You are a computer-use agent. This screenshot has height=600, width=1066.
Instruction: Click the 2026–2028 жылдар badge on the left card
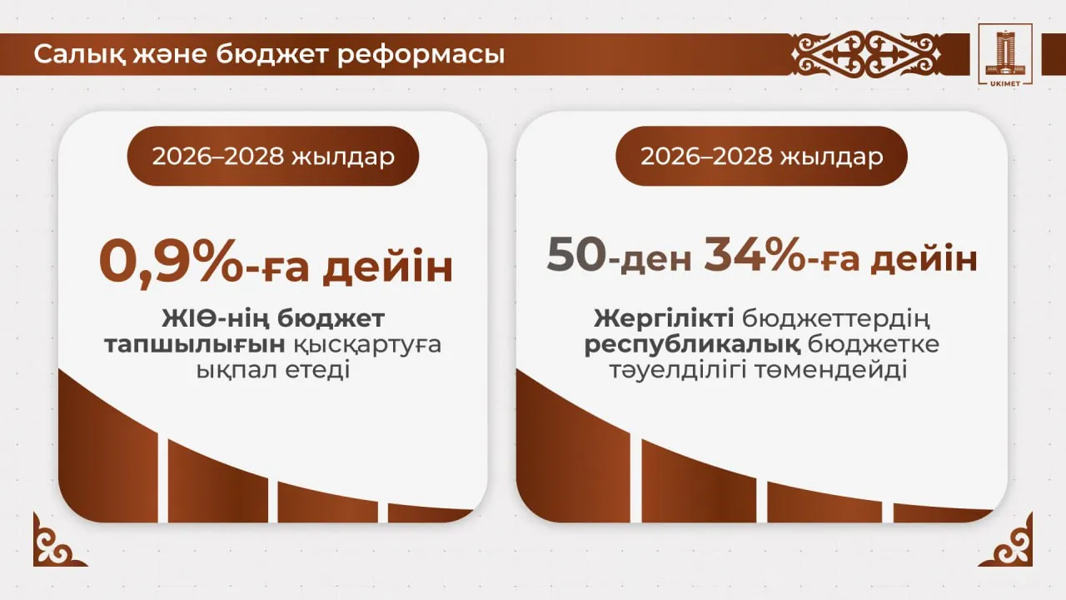tap(273, 156)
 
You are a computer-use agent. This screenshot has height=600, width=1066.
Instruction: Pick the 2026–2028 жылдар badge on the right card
tap(761, 156)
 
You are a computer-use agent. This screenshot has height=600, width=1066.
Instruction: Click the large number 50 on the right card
tap(575, 256)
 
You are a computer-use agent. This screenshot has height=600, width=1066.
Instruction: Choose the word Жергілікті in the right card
tap(664, 318)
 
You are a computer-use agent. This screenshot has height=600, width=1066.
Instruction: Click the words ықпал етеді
tap(272, 370)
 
